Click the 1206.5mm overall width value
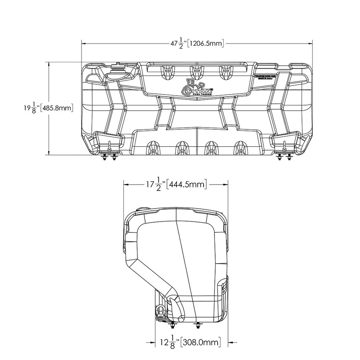click(x=207, y=43)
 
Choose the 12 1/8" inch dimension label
click(x=167, y=342)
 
